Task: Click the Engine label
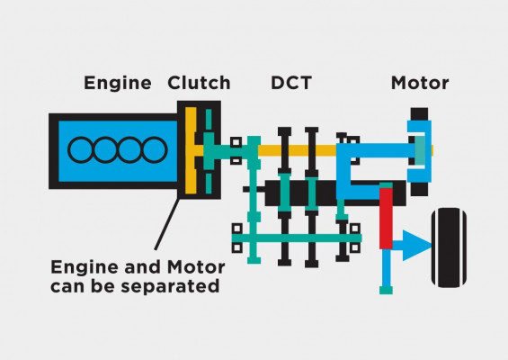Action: (x=118, y=84)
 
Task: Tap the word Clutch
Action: (x=199, y=83)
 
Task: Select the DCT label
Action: (x=291, y=83)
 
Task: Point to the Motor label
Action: (x=420, y=83)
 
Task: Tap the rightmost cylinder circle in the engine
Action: (x=155, y=149)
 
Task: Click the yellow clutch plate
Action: (x=191, y=150)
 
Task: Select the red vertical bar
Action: (x=386, y=219)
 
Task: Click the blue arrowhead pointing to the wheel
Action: (x=416, y=246)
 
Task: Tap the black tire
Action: (x=449, y=247)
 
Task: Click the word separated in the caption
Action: (x=170, y=287)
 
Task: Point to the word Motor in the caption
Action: (x=196, y=267)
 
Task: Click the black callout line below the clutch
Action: (x=166, y=224)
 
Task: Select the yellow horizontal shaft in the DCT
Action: (x=298, y=150)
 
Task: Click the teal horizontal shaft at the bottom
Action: (x=297, y=238)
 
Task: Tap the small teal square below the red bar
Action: (x=386, y=291)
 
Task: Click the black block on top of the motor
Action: (x=419, y=114)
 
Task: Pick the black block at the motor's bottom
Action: (x=419, y=189)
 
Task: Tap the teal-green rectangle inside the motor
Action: (x=420, y=150)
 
